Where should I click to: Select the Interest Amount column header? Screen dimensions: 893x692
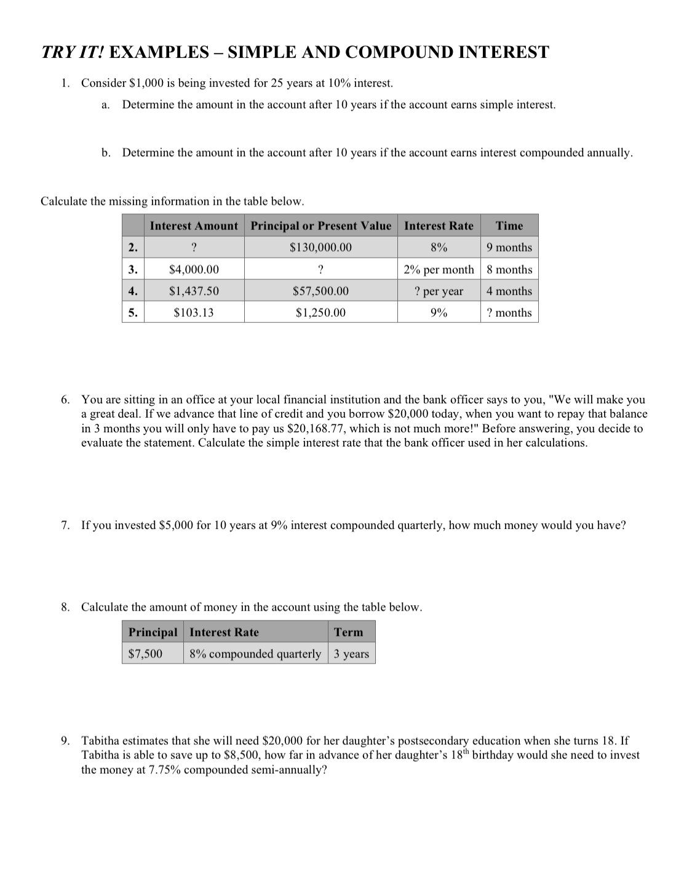193,226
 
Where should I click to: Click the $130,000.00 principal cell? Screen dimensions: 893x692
320,247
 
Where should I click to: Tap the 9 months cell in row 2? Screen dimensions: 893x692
509,247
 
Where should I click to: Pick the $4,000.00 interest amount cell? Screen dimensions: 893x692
193,269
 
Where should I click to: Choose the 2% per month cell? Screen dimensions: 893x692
439,269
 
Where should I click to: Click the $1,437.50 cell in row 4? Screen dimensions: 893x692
193,291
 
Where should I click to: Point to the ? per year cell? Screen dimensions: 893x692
439,291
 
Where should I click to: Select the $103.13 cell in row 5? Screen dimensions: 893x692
193,312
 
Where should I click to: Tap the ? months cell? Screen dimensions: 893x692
509,312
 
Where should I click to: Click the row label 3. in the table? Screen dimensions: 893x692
132,269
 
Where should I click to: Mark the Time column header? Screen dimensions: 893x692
509,226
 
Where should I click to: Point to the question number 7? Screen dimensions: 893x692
65,525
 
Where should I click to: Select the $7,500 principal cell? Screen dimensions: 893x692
145,654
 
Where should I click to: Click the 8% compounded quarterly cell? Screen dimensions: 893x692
255,654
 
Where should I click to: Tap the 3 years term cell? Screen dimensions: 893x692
351,654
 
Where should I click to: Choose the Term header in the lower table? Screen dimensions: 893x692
348,632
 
